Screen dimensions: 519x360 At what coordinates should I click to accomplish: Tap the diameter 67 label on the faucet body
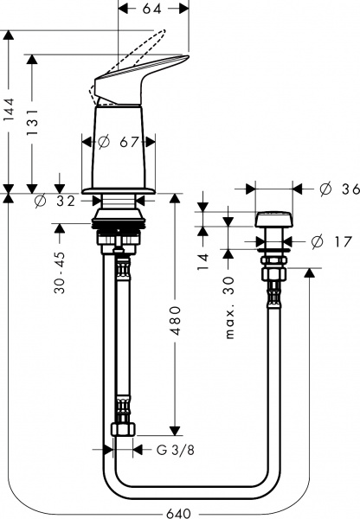coord(119,141)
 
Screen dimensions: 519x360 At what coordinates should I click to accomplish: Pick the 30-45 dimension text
coord(61,272)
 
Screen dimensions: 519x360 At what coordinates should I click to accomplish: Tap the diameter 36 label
coord(337,189)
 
